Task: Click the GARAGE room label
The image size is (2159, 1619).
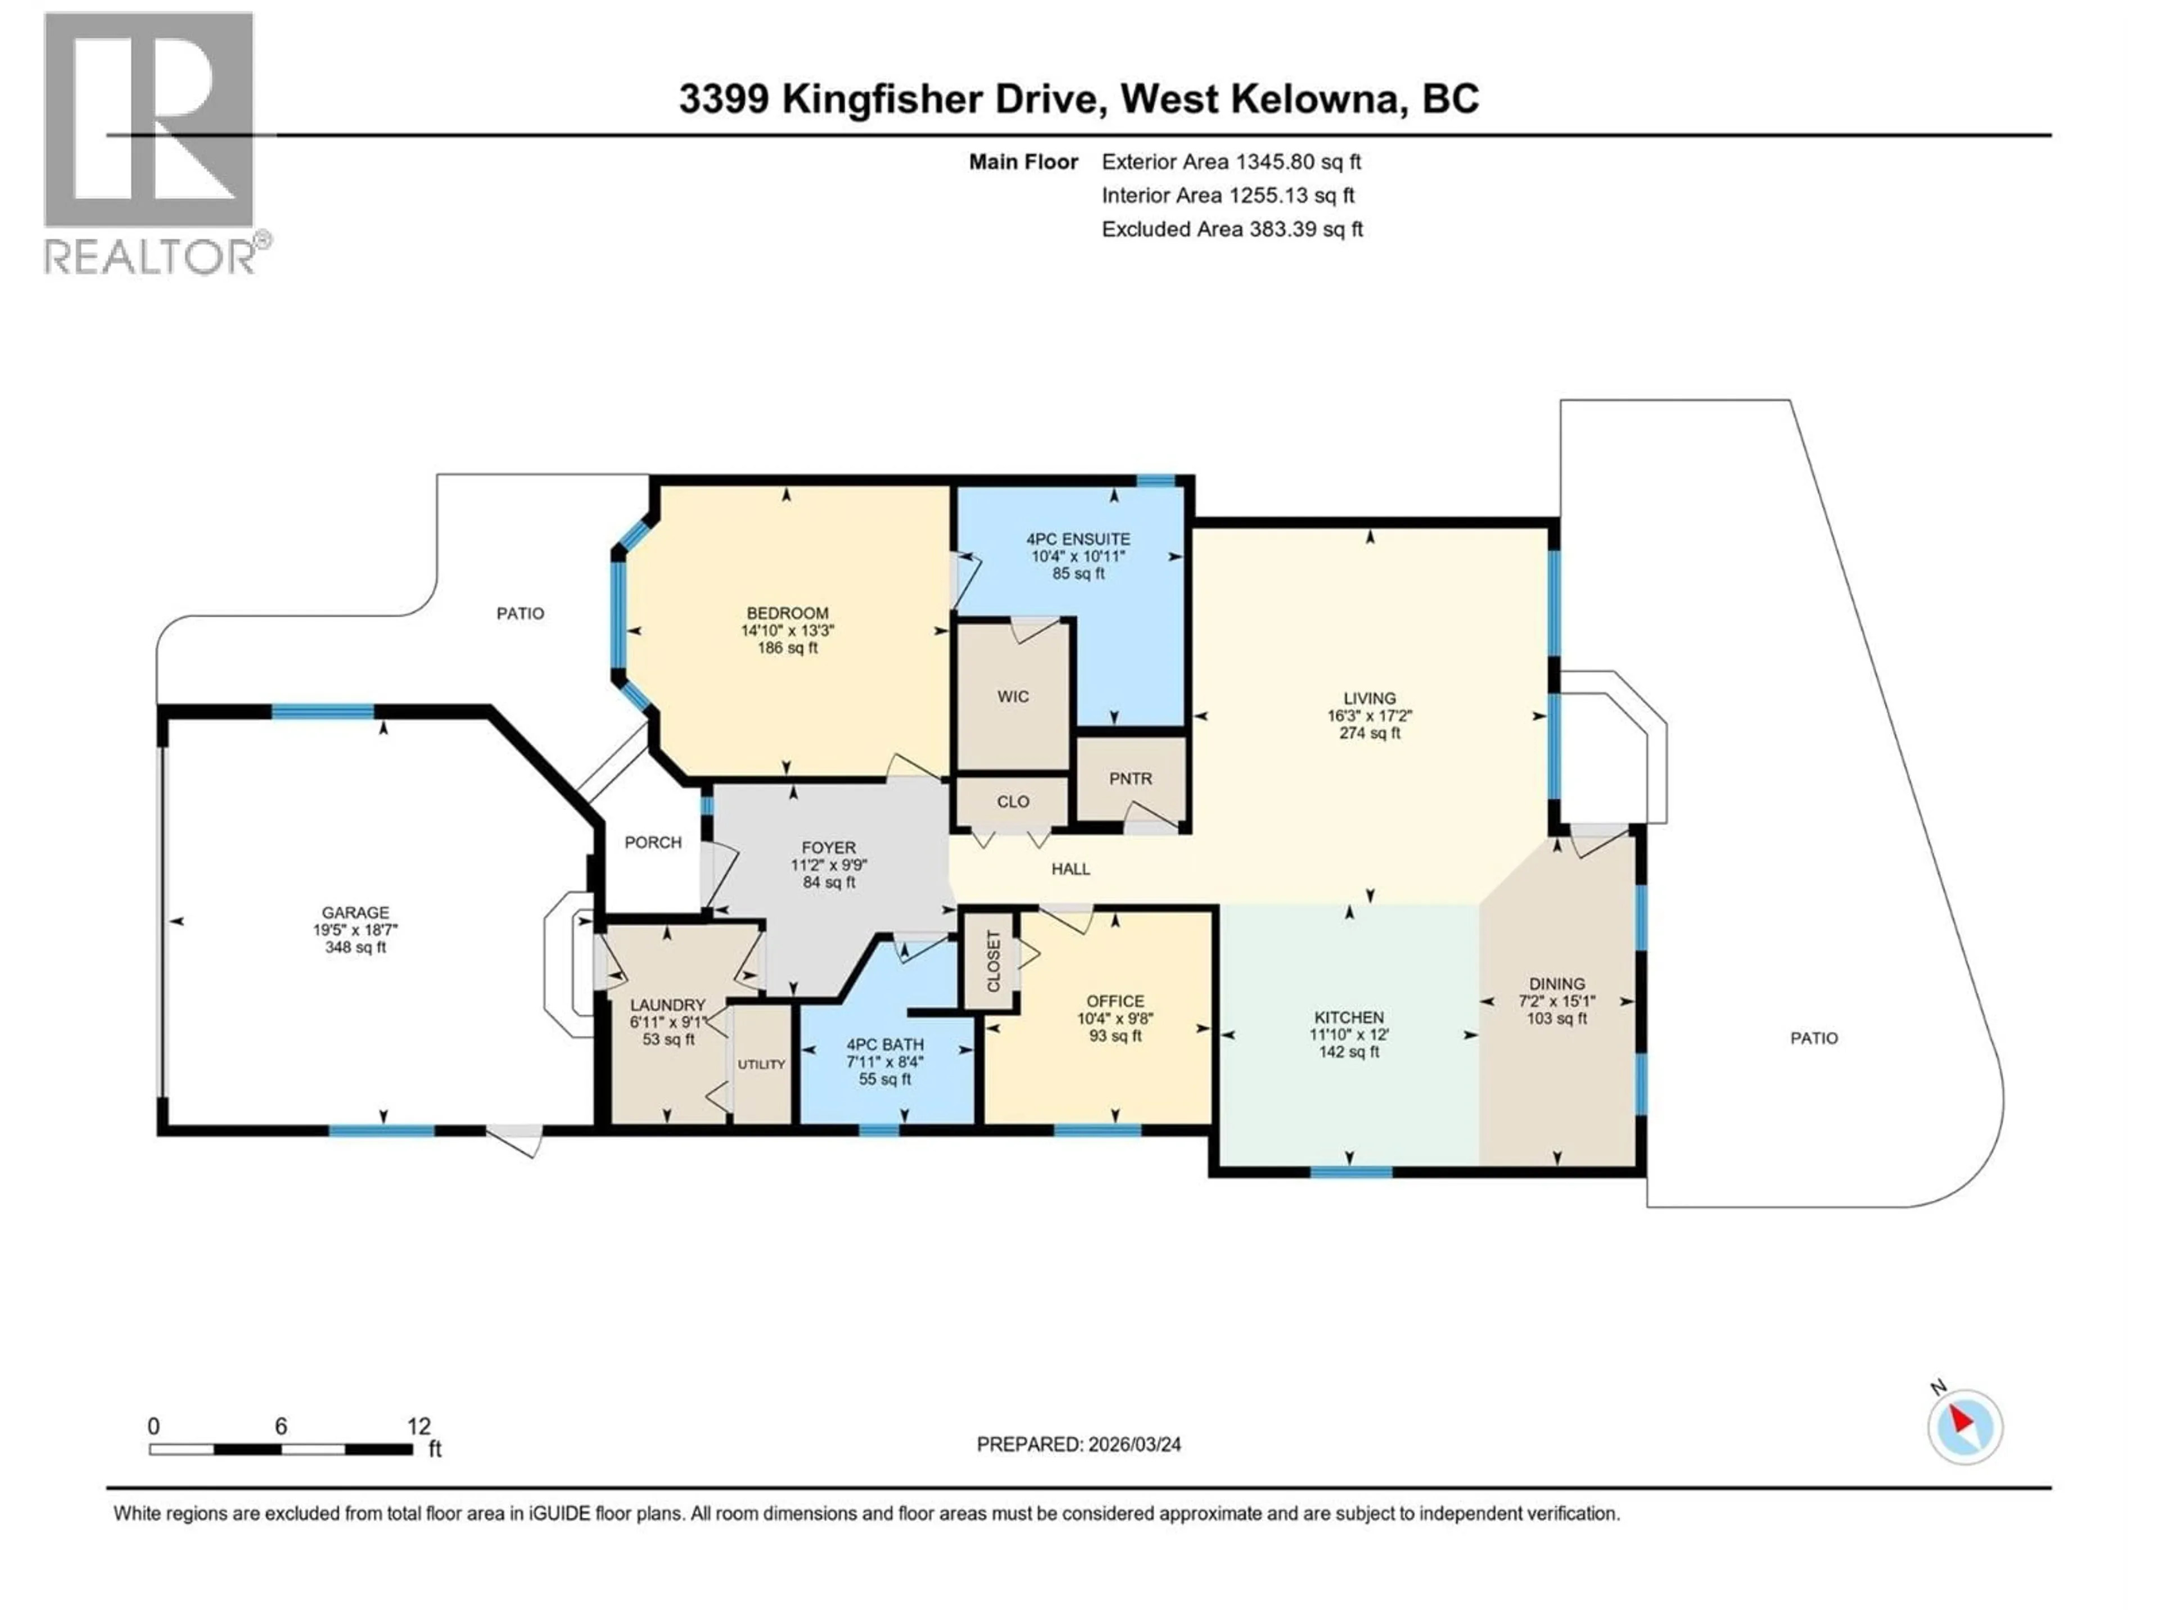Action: click(x=355, y=912)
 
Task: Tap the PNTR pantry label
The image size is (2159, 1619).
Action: click(x=1130, y=779)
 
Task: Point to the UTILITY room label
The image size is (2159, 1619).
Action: click(x=761, y=1065)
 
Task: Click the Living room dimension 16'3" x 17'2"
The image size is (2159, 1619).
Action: click(x=1370, y=715)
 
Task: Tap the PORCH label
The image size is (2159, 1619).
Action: click(x=653, y=842)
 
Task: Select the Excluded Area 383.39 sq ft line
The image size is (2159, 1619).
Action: click(x=1232, y=229)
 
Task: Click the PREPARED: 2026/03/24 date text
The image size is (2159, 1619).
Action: click(x=1078, y=1444)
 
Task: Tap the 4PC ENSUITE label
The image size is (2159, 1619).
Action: click(x=1078, y=539)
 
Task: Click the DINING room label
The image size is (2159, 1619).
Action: click(x=1557, y=984)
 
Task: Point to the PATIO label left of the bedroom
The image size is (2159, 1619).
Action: click(x=520, y=614)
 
